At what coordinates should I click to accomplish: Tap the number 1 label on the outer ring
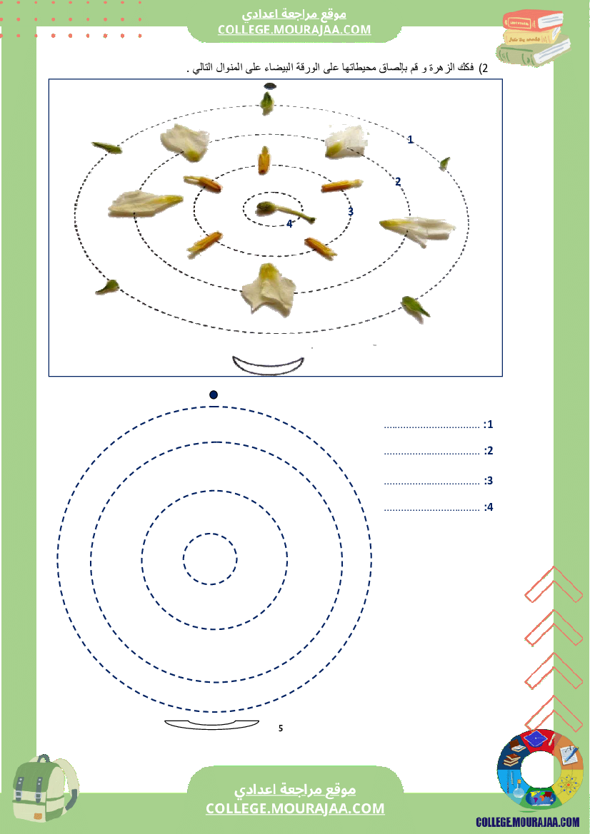pos(410,140)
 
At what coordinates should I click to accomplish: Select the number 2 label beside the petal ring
pos(398,182)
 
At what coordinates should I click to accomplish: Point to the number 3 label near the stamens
pos(351,212)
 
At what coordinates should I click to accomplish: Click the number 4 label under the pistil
pos(289,224)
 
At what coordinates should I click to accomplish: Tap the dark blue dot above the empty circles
pos(214,395)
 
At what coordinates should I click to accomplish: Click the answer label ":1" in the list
pos(488,424)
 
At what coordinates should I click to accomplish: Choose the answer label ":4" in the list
pos(489,507)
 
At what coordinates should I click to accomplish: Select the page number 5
pos(281,728)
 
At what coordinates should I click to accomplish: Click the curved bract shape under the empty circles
pos(211,724)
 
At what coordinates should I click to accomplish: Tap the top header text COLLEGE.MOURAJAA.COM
pos(294,30)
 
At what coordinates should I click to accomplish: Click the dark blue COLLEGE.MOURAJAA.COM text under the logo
pos(528,823)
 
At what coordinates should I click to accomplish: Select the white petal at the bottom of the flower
pos(269,289)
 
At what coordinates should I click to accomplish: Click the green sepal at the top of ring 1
pos(267,103)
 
